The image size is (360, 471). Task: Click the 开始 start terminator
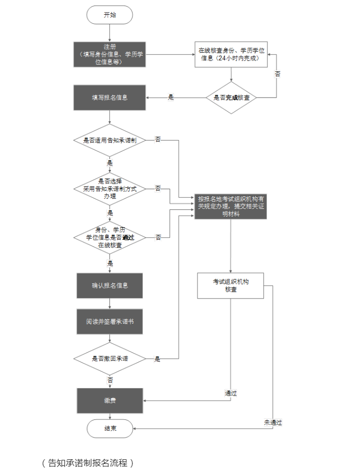109,15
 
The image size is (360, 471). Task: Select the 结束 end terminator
109,428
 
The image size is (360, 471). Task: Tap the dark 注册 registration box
109,54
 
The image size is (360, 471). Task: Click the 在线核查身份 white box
232,54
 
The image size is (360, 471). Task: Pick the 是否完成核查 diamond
231,97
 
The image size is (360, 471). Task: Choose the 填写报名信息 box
110,97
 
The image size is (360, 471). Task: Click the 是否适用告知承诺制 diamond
110,140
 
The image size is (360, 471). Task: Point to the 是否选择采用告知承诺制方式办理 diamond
110,188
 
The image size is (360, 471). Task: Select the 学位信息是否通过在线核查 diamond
110,237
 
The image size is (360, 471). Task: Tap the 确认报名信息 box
110,285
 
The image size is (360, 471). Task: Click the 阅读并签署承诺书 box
110,321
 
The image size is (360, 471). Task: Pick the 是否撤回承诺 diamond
110,359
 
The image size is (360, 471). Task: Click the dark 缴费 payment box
110,400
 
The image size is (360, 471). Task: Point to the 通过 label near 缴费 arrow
231,393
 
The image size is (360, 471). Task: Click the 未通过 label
272,422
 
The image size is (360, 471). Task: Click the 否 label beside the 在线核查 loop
277,74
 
